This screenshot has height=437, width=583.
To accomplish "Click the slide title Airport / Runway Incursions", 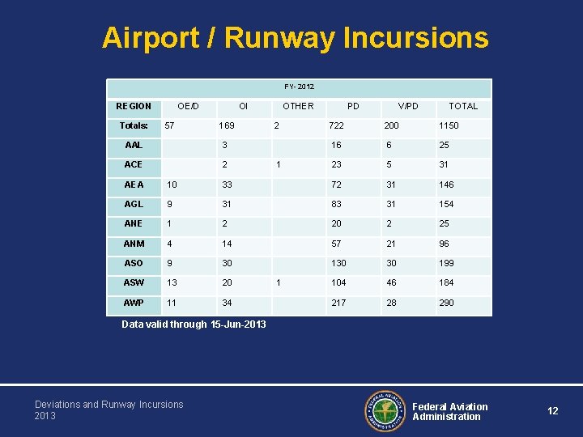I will coord(295,38).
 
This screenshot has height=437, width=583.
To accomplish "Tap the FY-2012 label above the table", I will coord(299,87).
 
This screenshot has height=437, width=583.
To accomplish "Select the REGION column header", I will coord(134,106).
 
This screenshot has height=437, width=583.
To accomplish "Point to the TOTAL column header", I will coord(463,106).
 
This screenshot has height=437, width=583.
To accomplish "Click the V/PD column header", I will coord(408,106).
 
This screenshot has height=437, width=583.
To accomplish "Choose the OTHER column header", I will coord(298,106).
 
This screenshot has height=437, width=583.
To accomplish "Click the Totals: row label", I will coord(134,125).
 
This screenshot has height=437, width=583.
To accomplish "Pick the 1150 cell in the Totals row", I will coord(449,125).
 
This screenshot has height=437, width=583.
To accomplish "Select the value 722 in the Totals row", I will coord(335,125).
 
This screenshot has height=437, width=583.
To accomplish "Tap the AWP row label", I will coord(134,303).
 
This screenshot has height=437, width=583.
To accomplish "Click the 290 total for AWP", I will coord(446,303).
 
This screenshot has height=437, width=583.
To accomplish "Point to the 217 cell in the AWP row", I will coord(338,303).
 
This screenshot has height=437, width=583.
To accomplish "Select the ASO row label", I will coord(134,263).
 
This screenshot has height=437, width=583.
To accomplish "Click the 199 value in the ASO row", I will coord(446,263).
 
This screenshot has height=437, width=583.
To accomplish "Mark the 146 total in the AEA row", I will coord(446,185).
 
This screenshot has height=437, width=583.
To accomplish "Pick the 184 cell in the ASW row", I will coord(446,282).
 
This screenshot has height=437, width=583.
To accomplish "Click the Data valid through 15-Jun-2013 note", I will coord(194,325).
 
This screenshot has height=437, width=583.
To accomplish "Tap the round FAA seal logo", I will coord(385,411).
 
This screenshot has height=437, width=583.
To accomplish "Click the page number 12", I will coord(552,411).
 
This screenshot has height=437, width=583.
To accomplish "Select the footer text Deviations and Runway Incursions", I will coord(109,405).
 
